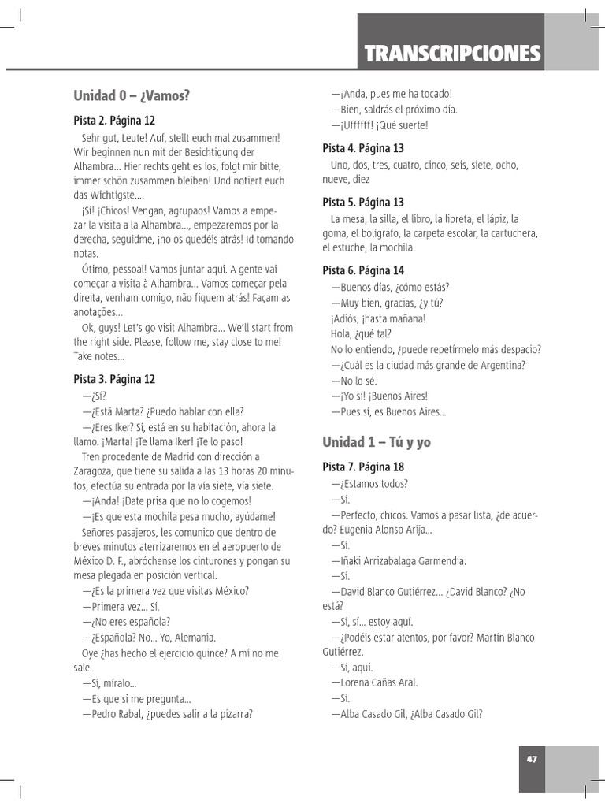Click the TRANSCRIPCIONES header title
[x=451, y=54]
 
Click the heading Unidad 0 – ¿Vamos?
[x=132, y=96]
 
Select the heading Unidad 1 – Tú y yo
[x=377, y=442]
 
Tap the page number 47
[x=532, y=759]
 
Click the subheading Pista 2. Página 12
[x=114, y=121]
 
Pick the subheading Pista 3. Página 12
[x=114, y=379]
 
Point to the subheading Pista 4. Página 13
[x=363, y=148]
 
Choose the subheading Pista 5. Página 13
[x=363, y=203]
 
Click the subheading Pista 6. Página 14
[x=363, y=270]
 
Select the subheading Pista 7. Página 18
[x=363, y=467]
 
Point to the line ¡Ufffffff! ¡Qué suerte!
[x=380, y=125]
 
